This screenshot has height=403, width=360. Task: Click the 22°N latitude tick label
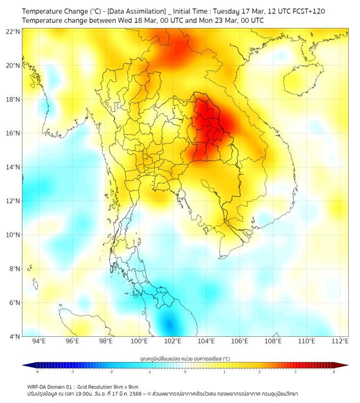coord(13,31)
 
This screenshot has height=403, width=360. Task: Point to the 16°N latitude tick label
coord(13,133)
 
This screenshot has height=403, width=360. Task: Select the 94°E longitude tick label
coord(39,341)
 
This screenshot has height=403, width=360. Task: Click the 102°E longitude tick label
coord(173,341)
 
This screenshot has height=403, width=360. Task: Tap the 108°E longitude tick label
coord(273,341)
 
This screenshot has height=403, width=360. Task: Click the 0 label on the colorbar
coord(185,372)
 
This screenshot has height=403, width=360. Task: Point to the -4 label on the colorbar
coord(36,372)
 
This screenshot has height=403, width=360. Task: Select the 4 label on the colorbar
coord(334,372)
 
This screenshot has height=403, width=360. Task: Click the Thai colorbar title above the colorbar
coord(185,359)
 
